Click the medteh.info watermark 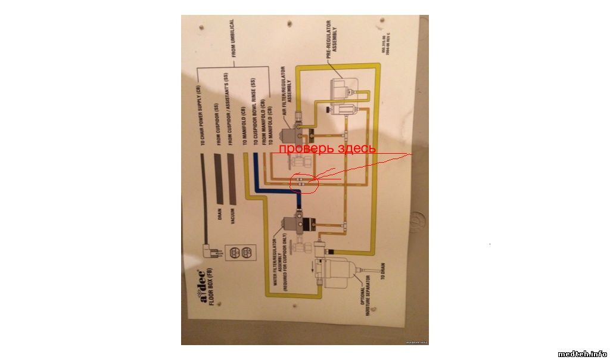(x=582, y=353)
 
